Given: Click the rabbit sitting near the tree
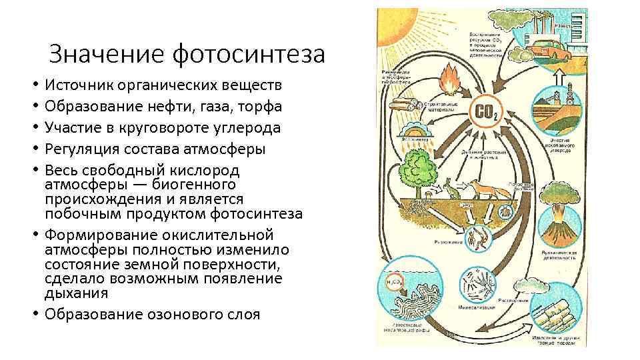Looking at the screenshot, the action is (x=453, y=191).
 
